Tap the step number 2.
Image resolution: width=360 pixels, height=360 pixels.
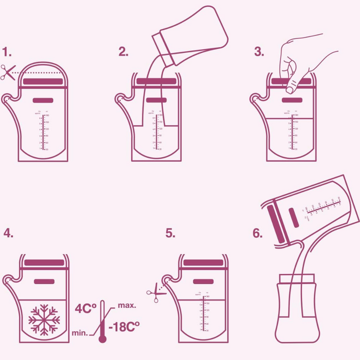click(123, 52)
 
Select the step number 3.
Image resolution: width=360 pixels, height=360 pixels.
click(258, 52)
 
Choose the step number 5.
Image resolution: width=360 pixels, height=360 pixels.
click(170, 233)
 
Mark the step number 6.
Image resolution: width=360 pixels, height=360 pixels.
click(257, 233)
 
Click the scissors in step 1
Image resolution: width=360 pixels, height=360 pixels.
click(7, 73)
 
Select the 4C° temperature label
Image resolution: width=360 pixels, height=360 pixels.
click(85, 308)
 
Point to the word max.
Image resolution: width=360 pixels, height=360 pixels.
click(127, 305)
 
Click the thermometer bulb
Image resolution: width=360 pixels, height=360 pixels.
click(103, 338)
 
